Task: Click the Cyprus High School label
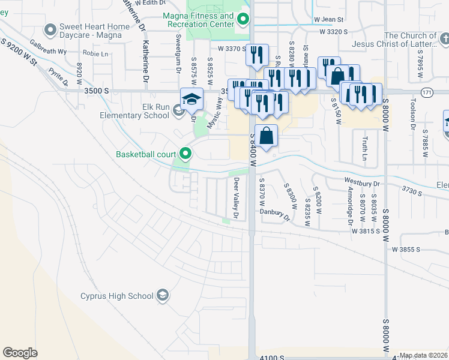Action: tap(117, 296)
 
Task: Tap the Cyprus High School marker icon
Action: tap(163, 295)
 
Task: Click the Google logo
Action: tap(20, 353)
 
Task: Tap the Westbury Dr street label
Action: tap(363, 181)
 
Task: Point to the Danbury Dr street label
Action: tap(274, 211)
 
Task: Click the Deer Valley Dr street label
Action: tap(237, 198)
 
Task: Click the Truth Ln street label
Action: tap(364, 144)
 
